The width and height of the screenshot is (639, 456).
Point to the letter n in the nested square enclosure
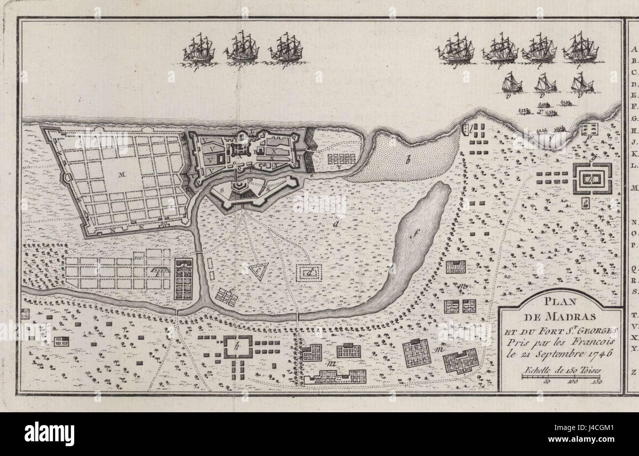(592, 178)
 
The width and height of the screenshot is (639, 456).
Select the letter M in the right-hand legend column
(633, 188)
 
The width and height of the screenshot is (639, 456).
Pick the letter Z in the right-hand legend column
(633, 372)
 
